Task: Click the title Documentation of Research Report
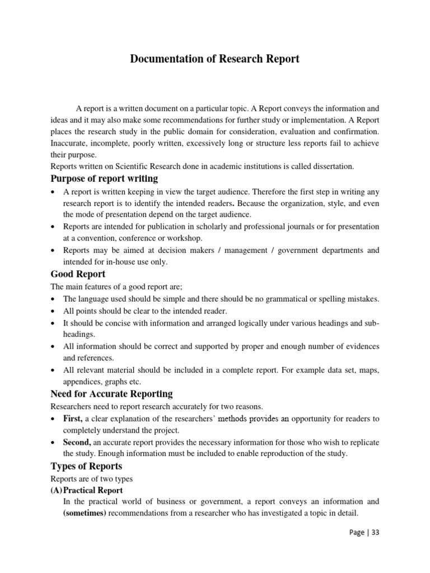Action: coord(215,59)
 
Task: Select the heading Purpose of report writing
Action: coord(104,179)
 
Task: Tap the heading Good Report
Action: coord(78,274)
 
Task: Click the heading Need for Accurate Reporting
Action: coord(111,393)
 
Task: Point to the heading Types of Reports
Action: coord(86,466)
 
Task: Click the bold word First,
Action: coord(73,419)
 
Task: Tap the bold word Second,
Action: coord(77,442)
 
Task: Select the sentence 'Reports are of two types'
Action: coord(91,479)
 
